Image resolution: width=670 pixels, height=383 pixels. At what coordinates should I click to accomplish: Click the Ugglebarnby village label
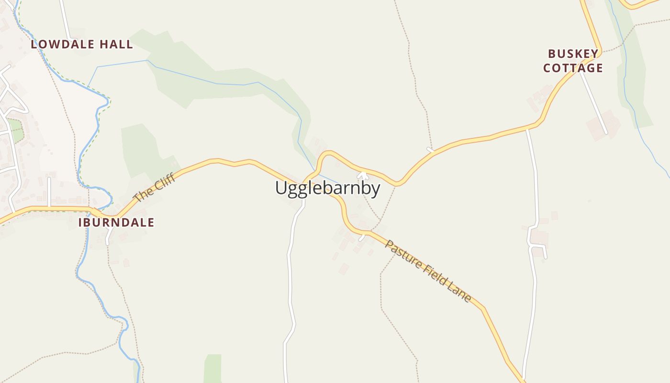coord(327,188)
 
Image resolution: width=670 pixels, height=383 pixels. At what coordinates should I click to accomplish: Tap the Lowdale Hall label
coord(82,45)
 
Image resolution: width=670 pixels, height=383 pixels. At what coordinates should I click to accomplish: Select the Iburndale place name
coord(116,222)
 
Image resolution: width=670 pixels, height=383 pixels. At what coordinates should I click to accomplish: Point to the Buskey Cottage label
coord(573,61)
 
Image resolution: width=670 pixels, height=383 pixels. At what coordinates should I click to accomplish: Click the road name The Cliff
coord(154,188)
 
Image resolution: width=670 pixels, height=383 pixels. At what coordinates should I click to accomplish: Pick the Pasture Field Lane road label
coord(428,271)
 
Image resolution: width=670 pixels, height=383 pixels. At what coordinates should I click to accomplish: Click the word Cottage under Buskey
coord(573,68)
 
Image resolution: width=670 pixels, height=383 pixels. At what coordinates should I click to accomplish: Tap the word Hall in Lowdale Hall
coord(116,45)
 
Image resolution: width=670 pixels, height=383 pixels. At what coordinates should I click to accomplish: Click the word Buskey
coord(573,54)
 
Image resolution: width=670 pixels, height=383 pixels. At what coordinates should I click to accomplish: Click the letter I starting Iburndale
coord(80,222)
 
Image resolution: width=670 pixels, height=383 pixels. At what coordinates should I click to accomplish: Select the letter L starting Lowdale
coord(34,45)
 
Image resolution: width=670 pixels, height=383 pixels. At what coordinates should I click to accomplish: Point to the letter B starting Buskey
coord(552,54)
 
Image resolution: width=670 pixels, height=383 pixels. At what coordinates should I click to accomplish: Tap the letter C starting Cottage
coord(547,68)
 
